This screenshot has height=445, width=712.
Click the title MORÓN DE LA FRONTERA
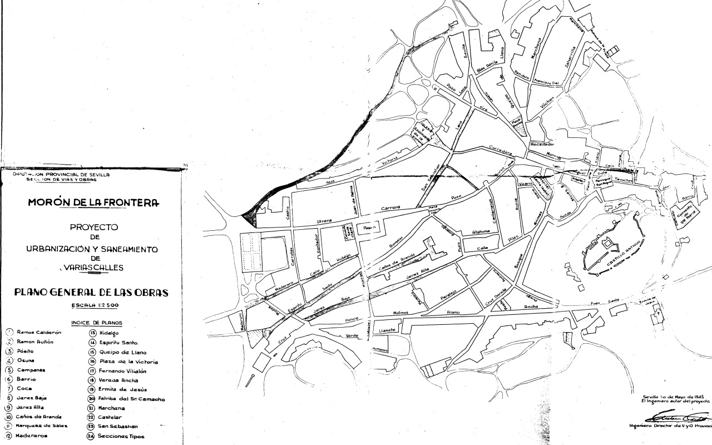click(x=93, y=202)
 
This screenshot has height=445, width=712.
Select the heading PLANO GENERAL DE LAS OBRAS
click(x=91, y=292)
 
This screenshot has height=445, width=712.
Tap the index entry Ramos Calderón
click(x=39, y=332)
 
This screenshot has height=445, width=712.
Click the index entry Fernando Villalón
click(x=126, y=370)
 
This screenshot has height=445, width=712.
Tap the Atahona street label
click(x=481, y=231)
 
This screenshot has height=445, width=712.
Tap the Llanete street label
click(x=387, y=330)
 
